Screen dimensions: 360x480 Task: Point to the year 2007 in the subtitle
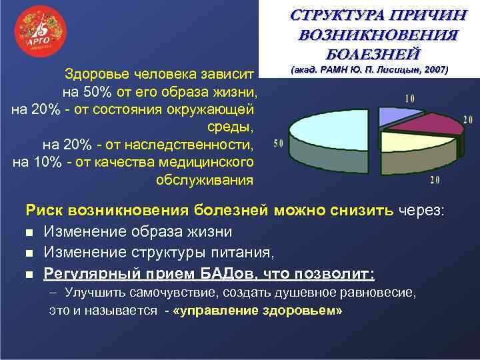433,69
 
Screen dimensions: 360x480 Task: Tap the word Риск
43,211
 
